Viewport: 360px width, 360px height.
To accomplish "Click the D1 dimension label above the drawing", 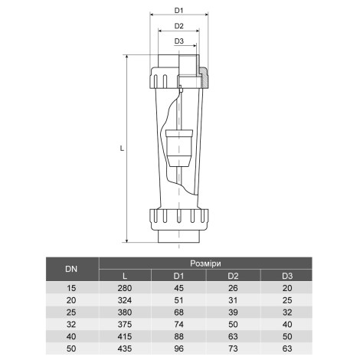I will pyautogui.click(x=179, y=10).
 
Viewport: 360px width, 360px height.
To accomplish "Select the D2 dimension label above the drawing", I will pyautogui.click(x=179, y=25).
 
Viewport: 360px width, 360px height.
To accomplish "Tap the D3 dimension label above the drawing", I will pyautogui.click(x=179, y=41).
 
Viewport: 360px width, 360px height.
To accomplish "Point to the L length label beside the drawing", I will pyautogui.click(x=122, y=149).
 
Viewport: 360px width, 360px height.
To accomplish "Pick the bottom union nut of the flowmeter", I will pyautogui.click(x=178, y=219).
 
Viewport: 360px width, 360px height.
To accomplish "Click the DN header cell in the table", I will pyautogui.click(x=71, y=269).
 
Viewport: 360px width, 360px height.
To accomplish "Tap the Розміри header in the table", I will pyautogui.click(x=207, y=262).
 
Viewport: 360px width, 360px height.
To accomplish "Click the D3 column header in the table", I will pyautogui.click(x=287, y=276).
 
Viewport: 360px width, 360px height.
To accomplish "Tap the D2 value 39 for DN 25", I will pyautogui.click(x=234, y=312).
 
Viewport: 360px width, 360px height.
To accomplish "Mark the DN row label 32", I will pyautogui.click(x=71, y=323).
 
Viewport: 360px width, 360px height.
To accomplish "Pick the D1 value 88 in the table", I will pyautogui.click(x=179, y=335).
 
